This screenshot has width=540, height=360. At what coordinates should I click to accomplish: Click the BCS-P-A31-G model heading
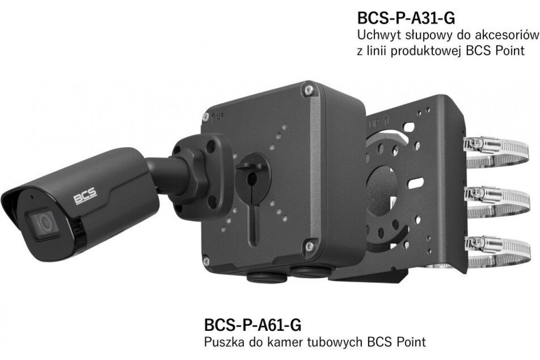tap(406, 18)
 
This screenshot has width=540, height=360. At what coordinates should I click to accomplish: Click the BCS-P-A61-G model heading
tap(252, 325)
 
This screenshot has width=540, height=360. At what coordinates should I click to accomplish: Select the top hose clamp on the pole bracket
tap(497, 151)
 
